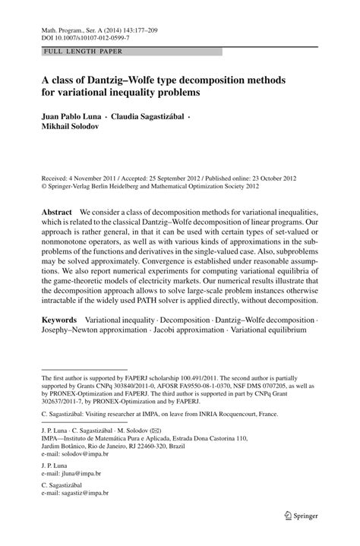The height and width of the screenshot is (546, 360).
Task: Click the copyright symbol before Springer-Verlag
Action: tap(44, 184)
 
